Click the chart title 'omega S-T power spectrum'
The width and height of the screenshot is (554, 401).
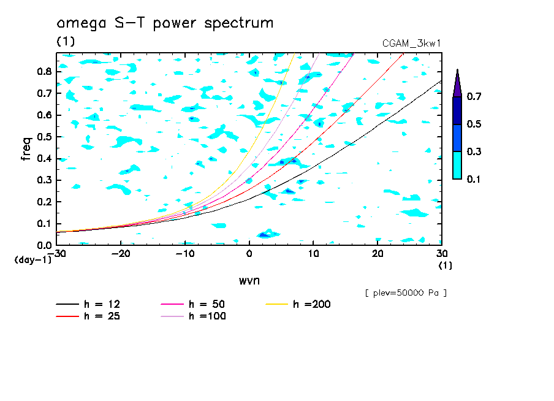[165, 24]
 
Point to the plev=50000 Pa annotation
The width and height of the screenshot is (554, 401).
[406, 293]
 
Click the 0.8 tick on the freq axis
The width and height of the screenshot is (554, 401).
[44, 72]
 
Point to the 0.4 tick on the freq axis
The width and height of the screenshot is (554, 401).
[44, 158]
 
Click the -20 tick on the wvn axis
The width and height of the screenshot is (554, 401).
[121, 254]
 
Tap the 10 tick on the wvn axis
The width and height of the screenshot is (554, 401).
[313, 254]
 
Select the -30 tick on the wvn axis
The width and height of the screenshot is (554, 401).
[56, 254]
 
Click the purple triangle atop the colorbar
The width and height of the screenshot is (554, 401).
[457, 84]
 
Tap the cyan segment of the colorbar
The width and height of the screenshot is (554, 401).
[457, 165]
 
